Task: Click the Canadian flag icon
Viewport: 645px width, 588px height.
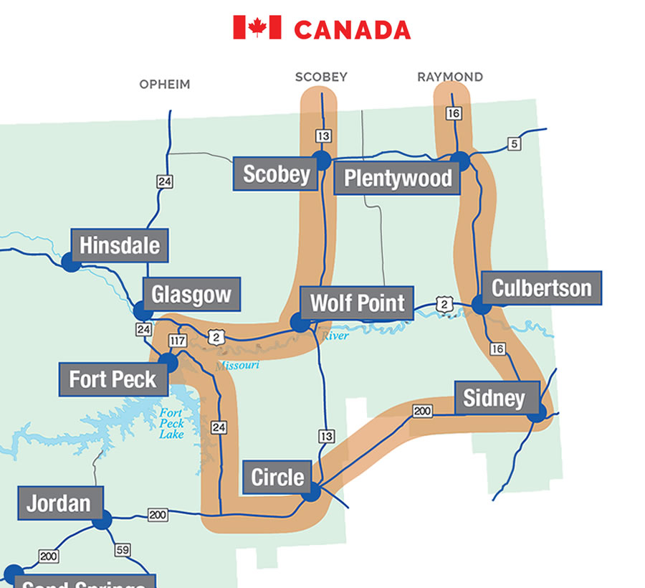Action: pyautogui.click(x=257, y=28)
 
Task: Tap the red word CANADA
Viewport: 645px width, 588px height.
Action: pyautogui.click(x=352, y=29)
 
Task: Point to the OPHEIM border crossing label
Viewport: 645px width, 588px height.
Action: pyautogui.click(x=165, y=85)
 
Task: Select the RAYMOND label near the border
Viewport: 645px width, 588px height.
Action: pyautogui.click(x=450, y=77)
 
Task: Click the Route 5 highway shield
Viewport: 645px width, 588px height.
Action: pyautogui.click(x=513, y=144)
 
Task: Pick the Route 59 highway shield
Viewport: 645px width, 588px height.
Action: pyautogui.click(x=123, y=550)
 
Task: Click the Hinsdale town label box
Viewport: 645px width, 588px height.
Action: pyautogui.click(x=120, y=245)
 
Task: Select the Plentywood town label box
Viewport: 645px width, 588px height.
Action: pyautogui.click(x=397, y=179)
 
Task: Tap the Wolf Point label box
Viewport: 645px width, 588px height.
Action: pyautogui.click(x=357, y=303)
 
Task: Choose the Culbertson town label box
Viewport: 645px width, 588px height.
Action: pyautogui.click(x=541, y=288)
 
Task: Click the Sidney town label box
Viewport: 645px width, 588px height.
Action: pyautogui.click(x=494, y=398)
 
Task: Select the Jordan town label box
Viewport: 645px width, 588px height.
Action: pyautogui.click(x=59, y=503)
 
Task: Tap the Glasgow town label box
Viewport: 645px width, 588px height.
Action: pyautogui.click(x=191, y=294)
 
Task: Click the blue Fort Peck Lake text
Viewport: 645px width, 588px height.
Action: pyautogui.click(x=172, y=424)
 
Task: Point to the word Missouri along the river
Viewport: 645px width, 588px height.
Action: pyautogui.click(x=236, y=366)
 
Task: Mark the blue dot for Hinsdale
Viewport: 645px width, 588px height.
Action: pyautogui.click(x=70, y=262)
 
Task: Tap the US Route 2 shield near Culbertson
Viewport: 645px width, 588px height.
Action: pyautogui.click(x=444, y=304)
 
